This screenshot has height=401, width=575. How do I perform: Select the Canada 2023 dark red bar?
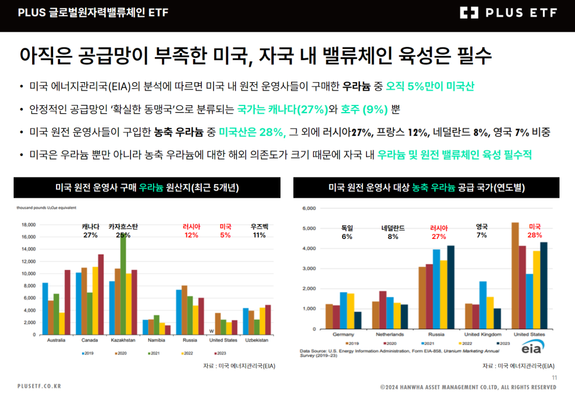pyautogui.click(x=101, y=295)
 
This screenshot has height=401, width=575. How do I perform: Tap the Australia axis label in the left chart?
pyautogui.click(x=56, y=340)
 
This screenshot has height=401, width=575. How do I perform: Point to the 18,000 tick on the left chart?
pyautogui.click(x=29, y=225)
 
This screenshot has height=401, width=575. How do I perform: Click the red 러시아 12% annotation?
pyautogui.click(x=191, y=231)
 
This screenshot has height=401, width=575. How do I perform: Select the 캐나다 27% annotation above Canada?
pyautogui.click(x=90, y=231)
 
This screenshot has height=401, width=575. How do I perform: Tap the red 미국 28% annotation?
pyautogui.click(x=535, y=231)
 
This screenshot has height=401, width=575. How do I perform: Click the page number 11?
pyautogui.click(x=555, y=378)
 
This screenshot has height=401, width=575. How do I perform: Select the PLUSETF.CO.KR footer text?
pyautogui.click(x=39, y=387)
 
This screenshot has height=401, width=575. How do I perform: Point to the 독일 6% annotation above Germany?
pyautogui.click(x=347, y=232)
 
